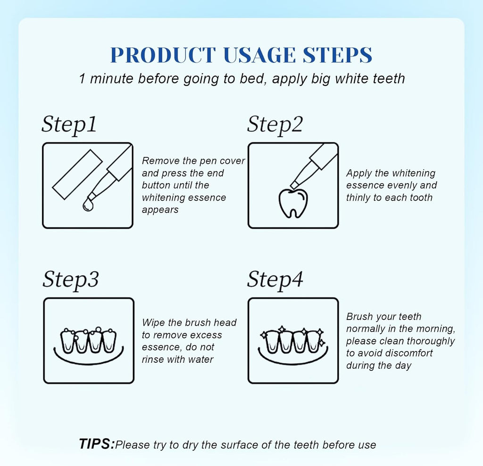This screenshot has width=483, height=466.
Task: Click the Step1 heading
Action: (x=69, y=125)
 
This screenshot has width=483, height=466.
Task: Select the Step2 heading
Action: (x=275, y=125)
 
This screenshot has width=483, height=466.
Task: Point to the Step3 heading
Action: (x=70, y=279)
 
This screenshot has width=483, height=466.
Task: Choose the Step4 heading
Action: (x=275, y=279)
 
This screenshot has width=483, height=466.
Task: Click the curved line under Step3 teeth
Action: (x=88, y=356)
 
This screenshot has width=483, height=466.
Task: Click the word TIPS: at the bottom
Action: (x=97, y=444)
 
